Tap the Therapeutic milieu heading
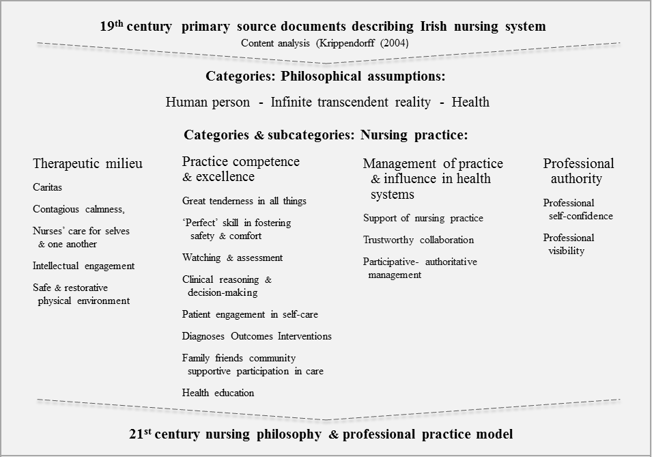[x=87, y=164]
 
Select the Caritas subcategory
[x=47, y=187]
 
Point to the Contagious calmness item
[x=79, y=209]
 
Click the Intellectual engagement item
[x=83, y=266]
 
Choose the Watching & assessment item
[x=232, y=258]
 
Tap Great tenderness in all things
[x=244, y=201]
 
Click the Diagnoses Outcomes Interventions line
[x=257, y=336]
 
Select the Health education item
[x=218, y=393]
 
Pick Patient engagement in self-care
[x=250, y=314]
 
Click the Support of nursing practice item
[x=423, y=218]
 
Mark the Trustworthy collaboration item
[x=418, y=240]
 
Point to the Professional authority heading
[x=578, y=171]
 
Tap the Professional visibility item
[x=568, y=244]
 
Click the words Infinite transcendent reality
[x=350, y=102]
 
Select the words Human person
[x=208, y=102]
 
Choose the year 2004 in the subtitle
[x=398, y=42]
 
